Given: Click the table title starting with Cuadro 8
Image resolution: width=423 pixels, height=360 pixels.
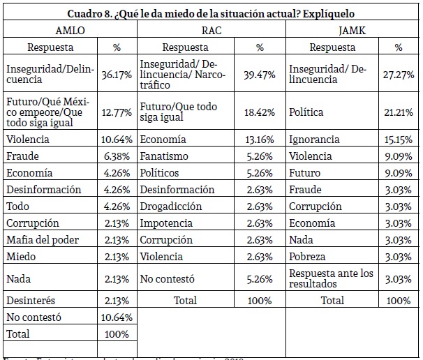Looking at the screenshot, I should [x=211, y=14].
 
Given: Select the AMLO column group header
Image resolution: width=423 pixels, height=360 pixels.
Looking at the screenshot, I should [x=70, y=31].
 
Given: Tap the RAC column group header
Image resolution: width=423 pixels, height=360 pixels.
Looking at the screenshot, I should [x=211, y=31].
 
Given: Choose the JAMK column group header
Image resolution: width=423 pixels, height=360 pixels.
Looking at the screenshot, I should [x=353, y=31].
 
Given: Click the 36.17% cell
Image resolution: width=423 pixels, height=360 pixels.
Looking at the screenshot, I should [x=116, y=74].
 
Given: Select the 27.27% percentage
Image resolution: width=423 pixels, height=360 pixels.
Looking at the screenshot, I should [x=398, y=74].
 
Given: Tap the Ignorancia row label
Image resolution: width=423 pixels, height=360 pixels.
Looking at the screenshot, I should [x=314, y=140].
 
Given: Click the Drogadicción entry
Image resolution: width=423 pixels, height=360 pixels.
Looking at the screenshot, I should [x=171, y=207].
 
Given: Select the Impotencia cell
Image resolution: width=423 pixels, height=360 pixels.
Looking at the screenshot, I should [x=166, y=223].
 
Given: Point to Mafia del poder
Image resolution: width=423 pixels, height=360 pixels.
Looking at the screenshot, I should [x=42, y=240].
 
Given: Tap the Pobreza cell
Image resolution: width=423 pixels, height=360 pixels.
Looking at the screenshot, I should [x=308, y=257].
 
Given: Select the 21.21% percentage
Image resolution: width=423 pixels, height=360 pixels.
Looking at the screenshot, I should [x=398, y=112].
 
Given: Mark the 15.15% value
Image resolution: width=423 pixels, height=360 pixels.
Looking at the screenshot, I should [x=398, y=140].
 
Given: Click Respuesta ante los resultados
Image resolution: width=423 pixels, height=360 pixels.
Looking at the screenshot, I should [x=332, y=278].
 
